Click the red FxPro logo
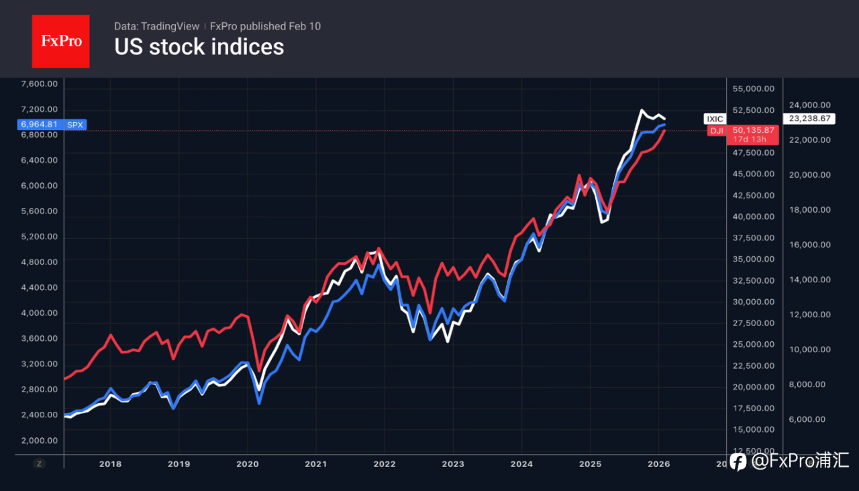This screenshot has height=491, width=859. (60, 41)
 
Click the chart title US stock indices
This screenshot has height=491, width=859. (199, 47)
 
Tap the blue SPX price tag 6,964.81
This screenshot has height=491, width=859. (42, 124)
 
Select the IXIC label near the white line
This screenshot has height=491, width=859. (715, 119)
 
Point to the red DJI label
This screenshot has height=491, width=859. (717, 131)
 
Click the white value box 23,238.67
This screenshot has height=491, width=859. (810, 119)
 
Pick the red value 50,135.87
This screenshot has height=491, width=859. (754, 130)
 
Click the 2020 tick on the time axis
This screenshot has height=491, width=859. (248, 463)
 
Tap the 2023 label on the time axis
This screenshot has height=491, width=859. (453, 463)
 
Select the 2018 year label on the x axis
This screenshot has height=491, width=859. (110, 463)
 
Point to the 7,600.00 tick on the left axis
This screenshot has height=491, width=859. (40, 84)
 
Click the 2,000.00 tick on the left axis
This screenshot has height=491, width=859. (40, 440)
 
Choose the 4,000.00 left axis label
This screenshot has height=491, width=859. (40, 313)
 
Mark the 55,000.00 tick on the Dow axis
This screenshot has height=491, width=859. (754, 89)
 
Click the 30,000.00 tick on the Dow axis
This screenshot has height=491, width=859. (754, 302)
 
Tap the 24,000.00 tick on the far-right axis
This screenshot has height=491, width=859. (810, 105)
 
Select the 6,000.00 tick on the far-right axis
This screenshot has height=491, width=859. (810, 419)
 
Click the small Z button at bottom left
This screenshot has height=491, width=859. (40, 463)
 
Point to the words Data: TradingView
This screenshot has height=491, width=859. (156, 26)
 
